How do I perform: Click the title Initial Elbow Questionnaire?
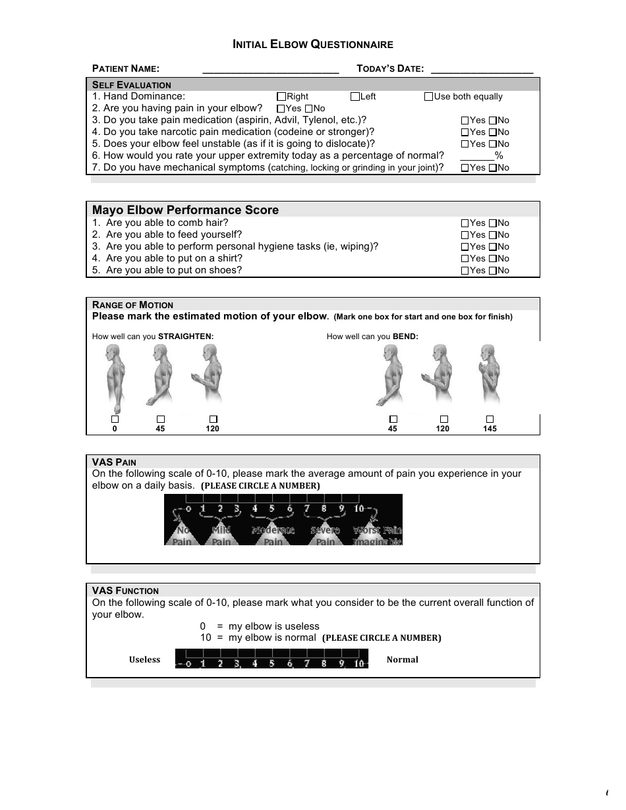point(313,45)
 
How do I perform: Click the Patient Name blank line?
point(270,69)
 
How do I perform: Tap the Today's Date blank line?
point(481,69)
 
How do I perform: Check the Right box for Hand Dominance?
point(281,97)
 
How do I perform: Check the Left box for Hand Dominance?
point(355,97)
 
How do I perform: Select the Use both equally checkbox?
point(428,97)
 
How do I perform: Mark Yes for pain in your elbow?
point(281,109)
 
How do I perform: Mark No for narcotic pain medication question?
point(493,132)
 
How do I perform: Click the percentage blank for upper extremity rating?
point(477,156)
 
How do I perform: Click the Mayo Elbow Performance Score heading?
point(185,210)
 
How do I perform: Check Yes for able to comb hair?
point(465,223)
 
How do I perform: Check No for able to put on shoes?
point(493,271)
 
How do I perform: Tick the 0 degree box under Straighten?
point(115,419)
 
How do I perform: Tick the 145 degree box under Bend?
point(490,419)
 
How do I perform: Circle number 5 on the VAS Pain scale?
point(271,508)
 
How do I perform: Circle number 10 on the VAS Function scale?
point(358,664)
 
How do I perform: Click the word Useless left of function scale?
point(144,660)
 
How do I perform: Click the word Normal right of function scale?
point(402,660)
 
